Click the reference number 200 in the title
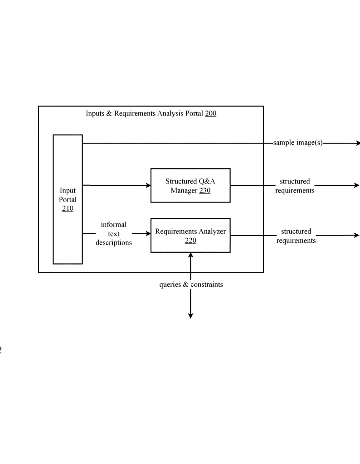point(210,113)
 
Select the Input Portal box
point(68,199)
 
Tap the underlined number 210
point(68,208)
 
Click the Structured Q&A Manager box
point(191,185)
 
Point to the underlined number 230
point(205,190)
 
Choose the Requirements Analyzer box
point(191,235)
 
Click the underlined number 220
point(191,240)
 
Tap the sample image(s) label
point(298,143)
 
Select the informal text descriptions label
point(114,233)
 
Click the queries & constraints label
point(191,285)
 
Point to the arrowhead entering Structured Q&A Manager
point(148,185)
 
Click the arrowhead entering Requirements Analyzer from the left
point(148,233)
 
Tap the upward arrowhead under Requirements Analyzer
point(191,256)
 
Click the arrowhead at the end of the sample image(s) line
point(358,143)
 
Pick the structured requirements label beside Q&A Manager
point(295,186)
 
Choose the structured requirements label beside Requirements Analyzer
point(296,236)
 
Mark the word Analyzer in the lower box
point(213,231)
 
